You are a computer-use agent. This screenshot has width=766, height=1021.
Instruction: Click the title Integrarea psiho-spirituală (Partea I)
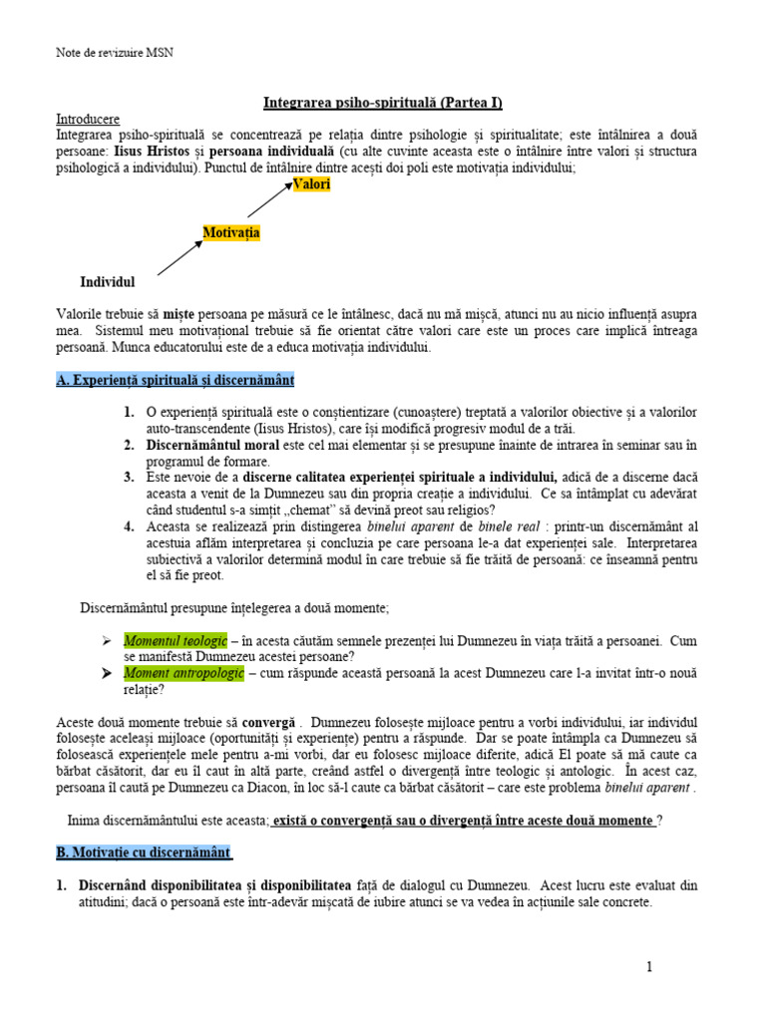point(383,102)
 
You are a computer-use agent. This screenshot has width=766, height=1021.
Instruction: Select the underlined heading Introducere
point(88,118)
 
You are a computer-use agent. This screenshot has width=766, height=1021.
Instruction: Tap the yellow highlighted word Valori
point(311,184)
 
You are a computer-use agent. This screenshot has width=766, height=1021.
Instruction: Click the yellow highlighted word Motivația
point(231,232)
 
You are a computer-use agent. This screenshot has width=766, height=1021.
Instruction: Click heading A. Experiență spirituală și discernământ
point(175,381)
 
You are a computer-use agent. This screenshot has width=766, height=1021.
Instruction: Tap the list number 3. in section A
point(130,478)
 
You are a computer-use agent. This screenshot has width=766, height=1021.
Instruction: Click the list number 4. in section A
point(130,526)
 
